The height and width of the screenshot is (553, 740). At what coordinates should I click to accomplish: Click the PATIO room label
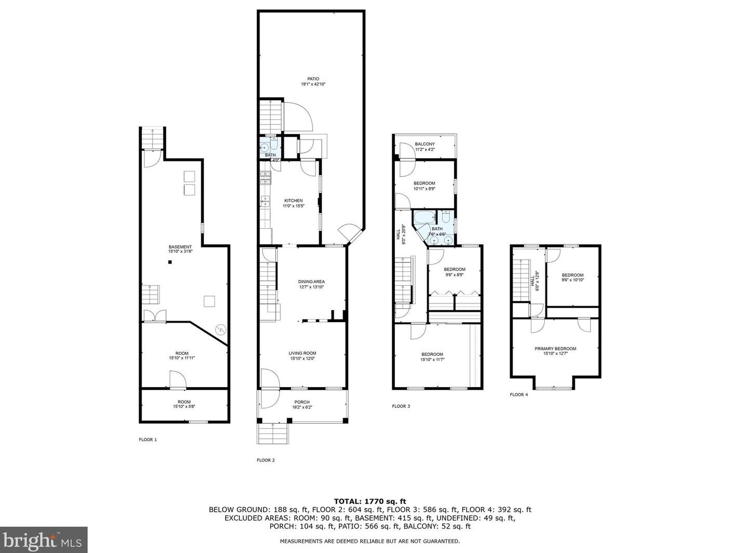point(313,79)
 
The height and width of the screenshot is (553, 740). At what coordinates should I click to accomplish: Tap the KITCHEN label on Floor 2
point(293,201)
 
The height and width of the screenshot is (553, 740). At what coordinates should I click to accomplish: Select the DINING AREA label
point(311,282)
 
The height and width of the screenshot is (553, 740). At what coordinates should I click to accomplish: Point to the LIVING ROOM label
point(303,353)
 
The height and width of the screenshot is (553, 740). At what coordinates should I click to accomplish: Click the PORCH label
point(302,402)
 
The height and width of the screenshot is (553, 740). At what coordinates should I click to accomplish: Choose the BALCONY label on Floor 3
point(425,144)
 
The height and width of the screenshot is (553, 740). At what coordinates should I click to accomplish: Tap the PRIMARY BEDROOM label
point(555,349)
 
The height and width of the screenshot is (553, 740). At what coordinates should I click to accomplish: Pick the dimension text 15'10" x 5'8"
point(184,407)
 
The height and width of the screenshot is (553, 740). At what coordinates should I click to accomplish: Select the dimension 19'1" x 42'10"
point(313,84)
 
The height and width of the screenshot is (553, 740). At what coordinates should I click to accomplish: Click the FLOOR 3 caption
point(401,406)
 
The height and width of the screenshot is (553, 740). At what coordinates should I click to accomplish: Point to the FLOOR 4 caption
point(519,395)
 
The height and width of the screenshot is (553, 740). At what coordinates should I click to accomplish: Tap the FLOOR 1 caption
point(148,439)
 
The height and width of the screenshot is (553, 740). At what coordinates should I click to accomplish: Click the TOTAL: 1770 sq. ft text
point(370,502)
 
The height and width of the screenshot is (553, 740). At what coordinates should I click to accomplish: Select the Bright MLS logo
point(44,540)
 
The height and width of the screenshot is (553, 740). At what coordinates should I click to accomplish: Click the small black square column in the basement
point(170,262)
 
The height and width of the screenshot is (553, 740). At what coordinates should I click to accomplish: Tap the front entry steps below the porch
point(273,434)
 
